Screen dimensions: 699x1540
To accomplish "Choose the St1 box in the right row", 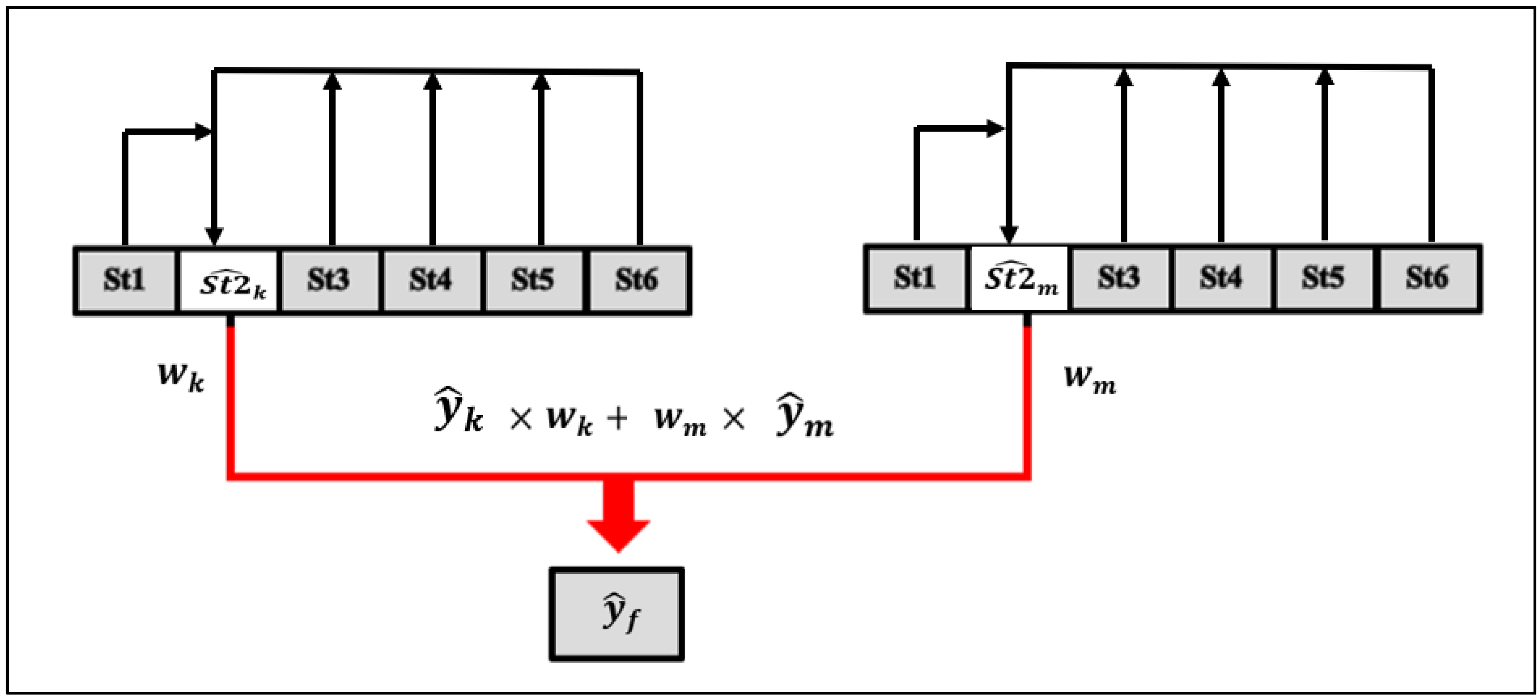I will tap(915, 278).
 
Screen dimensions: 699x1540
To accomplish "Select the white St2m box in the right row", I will tap(1019, 278).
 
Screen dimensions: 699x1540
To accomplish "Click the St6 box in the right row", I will tap(1428, 278).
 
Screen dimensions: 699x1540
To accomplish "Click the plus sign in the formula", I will tap(617, 418).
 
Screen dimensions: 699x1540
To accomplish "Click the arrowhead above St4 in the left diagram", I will tap(433, 81).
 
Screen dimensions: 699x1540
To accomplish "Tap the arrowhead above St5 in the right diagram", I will tap(1325, 78).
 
